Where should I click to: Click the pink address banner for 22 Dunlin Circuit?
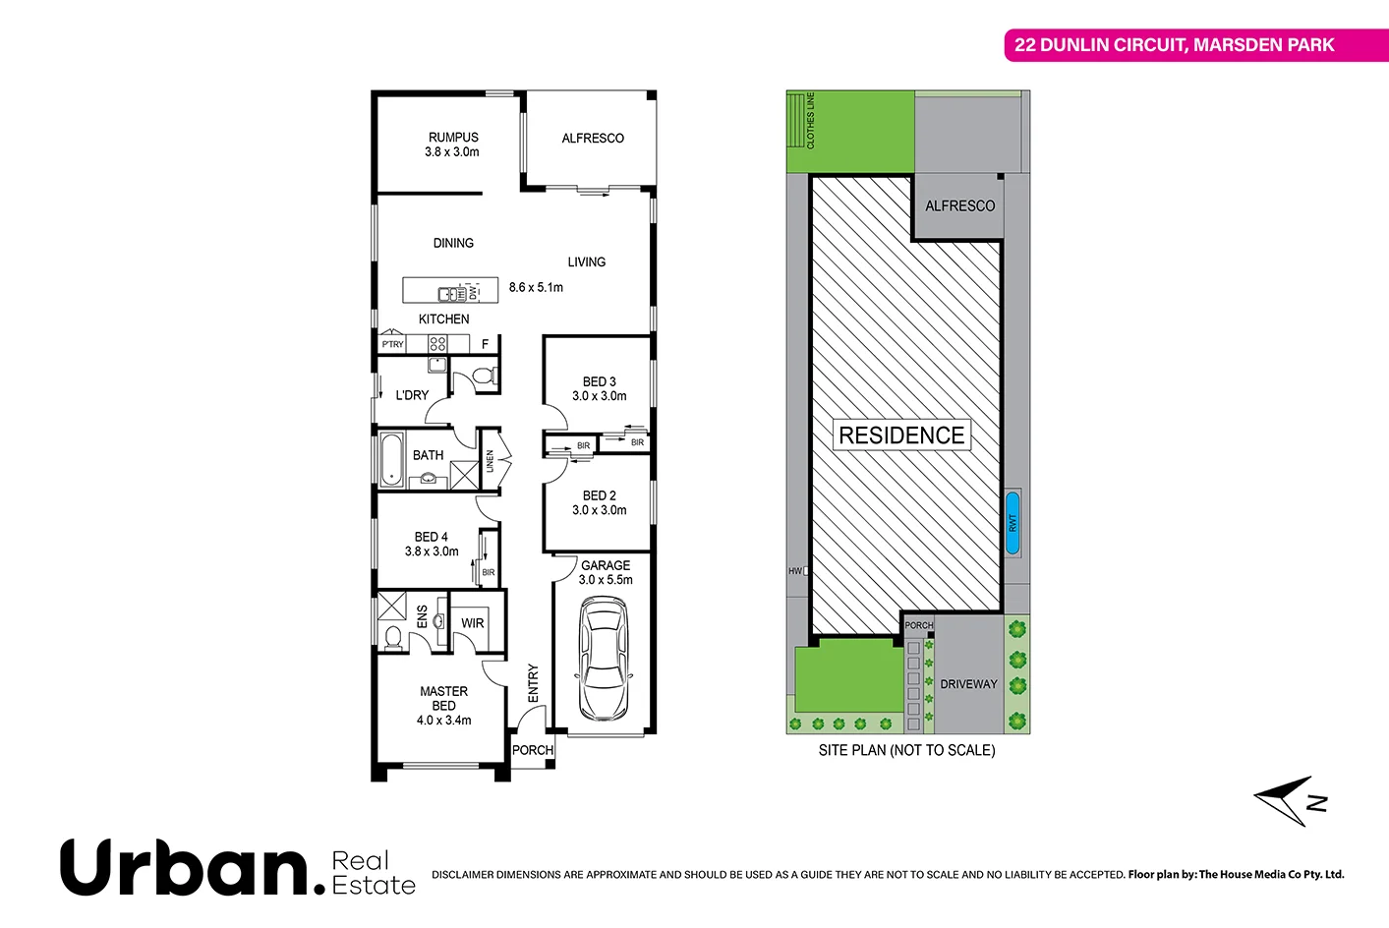tap(1174, 45)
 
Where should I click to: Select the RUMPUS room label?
tap(453, 138)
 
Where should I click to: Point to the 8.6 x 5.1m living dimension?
tap(536, 287)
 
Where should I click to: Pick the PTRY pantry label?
tap(392, 344)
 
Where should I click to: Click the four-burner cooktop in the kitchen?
tap(437, 344)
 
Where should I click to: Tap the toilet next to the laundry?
tap(483, 376)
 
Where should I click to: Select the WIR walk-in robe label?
tap(473, 623)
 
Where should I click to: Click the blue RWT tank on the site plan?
tap(1013, 522)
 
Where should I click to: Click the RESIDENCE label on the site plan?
tap(901, 435)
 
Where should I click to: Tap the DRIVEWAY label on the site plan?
tap(968, 684)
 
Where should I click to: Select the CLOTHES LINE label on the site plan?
tap(811, 121)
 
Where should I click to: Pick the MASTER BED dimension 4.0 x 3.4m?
tap(443, 721)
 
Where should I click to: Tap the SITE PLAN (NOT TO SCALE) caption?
tap(906, 750)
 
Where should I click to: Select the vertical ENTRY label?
tap(533, 683)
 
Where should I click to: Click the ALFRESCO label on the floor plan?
tap(593, 139)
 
